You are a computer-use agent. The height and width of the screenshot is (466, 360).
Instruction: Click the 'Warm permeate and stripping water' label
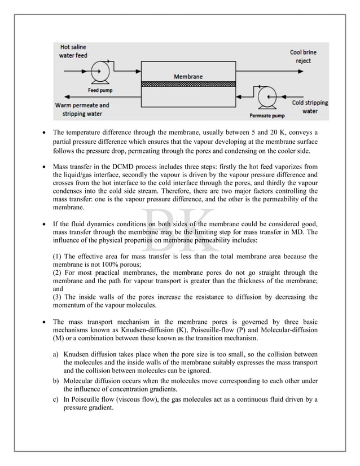82,109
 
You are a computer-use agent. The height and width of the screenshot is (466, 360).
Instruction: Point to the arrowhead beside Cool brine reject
322,72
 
